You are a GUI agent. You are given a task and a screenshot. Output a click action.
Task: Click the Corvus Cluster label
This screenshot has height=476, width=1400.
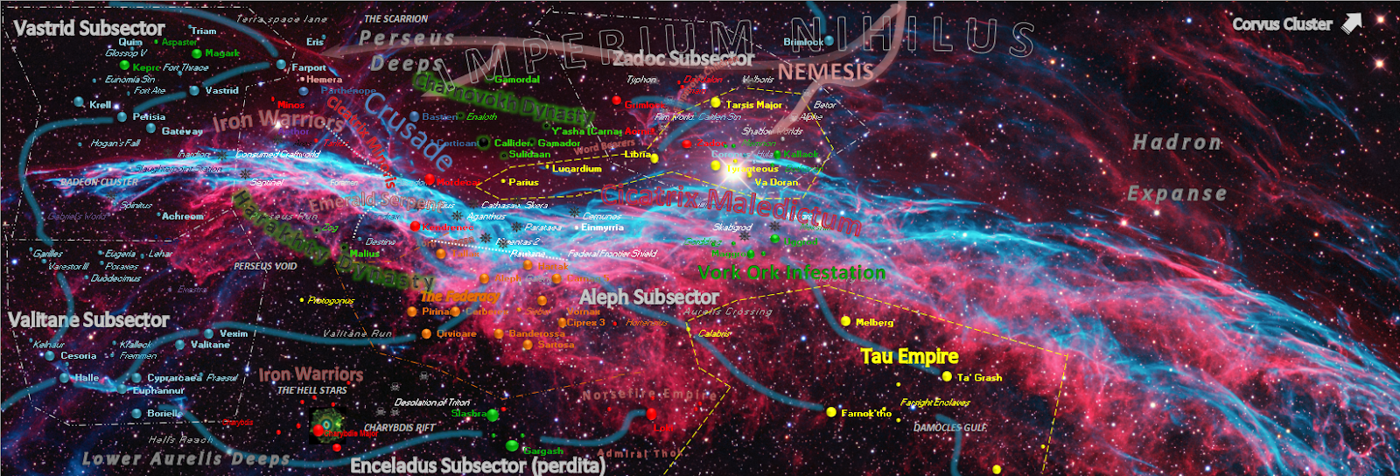[x=1282, y=24]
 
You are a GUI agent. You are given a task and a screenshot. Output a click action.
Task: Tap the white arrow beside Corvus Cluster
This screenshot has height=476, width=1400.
[x=1352, y=23]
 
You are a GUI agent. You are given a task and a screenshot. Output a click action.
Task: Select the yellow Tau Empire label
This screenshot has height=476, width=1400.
[x=909, y=356]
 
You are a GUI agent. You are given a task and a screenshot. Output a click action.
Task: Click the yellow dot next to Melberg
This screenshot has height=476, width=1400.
[x=846, y=321]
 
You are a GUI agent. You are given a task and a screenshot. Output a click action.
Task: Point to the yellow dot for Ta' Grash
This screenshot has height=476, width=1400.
[x=947, y=376]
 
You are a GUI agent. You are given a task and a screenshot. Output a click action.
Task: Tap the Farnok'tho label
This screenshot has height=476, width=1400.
[x=866, y=413]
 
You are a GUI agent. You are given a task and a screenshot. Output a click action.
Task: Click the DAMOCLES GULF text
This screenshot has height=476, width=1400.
[x=949, y=428]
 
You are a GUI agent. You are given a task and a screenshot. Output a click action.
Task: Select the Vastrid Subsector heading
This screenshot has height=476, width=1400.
[x=89, y=29]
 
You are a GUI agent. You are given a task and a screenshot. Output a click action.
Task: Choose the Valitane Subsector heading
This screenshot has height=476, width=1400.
[x=88, y=319]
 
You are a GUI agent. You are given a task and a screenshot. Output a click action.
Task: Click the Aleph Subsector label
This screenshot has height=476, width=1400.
[x=648, y=297]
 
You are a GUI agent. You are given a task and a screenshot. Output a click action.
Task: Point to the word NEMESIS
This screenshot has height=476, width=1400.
[x=825, y=71]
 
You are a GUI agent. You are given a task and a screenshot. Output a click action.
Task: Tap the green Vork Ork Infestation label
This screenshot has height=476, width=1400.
[x=791, y=273]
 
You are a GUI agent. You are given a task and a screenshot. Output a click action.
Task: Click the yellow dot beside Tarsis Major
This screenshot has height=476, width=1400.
[x=717, y=103]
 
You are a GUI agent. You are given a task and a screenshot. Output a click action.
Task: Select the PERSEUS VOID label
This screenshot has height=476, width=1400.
[x=265, y=266]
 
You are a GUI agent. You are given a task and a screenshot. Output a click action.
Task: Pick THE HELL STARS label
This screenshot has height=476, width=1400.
[x=311, y=390]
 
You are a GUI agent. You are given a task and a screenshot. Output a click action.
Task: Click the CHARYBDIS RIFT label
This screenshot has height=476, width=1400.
[x=399, y=428]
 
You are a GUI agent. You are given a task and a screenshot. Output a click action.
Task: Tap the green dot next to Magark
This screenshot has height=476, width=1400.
[x=197, y=53]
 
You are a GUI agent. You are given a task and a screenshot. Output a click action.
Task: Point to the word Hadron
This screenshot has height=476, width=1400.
[x=1176, y=142]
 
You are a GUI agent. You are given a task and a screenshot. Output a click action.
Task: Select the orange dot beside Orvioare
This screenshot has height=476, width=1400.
[x=426, y=334]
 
